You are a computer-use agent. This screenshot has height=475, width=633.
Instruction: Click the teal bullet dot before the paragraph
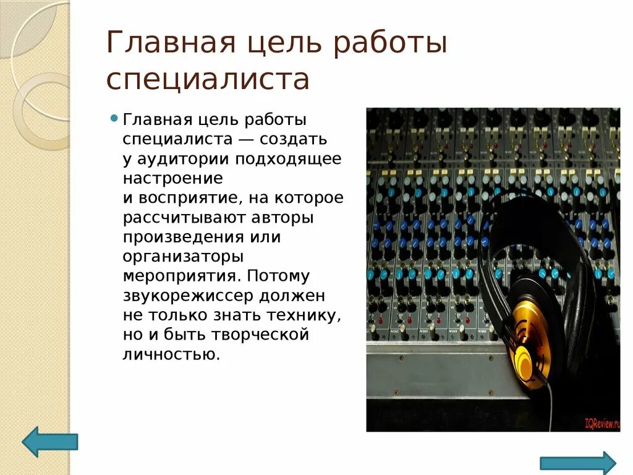tap(114, 118)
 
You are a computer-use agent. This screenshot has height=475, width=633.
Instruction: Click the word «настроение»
tap(172, 178)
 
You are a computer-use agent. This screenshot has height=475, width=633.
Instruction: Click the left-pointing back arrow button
tap(49, 442)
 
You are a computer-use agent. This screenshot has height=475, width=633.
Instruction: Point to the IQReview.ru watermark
tap(601, 424)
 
